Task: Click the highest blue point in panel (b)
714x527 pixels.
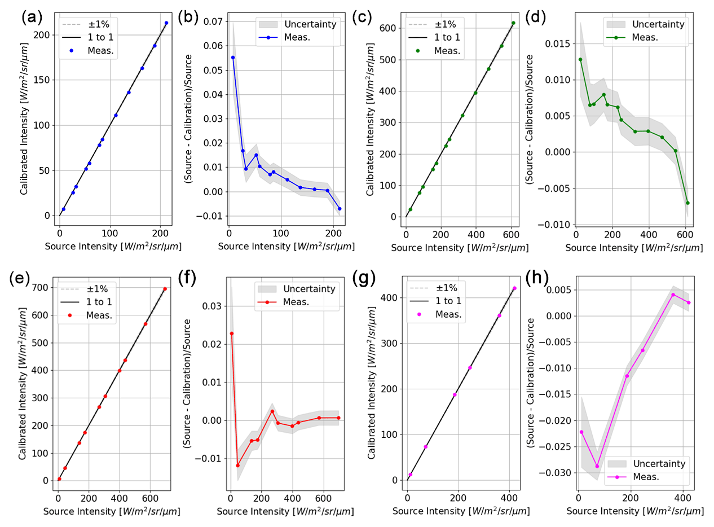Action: [x=233, y=58]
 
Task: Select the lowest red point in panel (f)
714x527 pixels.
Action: [x=238, y=465]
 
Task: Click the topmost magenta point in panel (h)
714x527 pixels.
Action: [x=673, y=295]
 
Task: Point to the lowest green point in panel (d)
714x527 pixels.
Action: [x=687, y=203]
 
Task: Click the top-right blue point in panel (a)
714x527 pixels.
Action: [x=166, y=23]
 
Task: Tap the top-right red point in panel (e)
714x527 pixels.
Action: [x=165, y=289]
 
